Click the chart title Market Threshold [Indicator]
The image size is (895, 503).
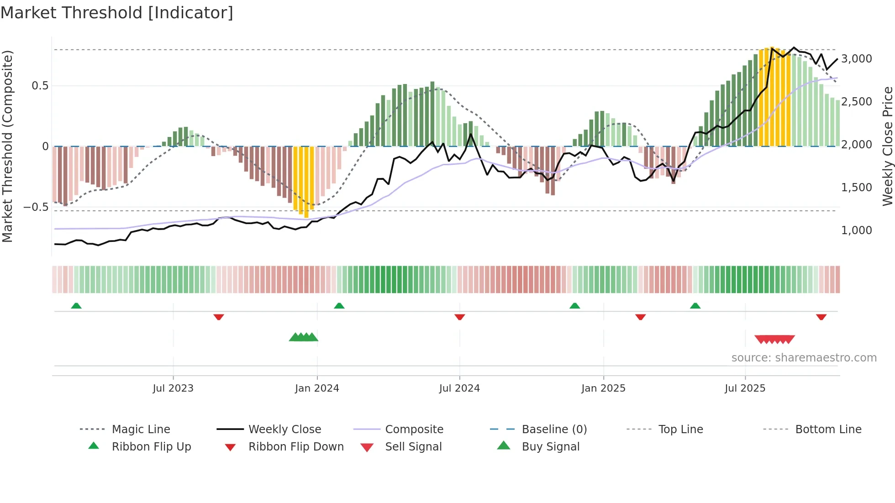[x=117, y=13]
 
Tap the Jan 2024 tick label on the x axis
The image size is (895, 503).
[x=317, y=388]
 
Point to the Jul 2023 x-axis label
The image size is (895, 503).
[x=173, y=388]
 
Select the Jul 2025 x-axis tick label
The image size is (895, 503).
[x=745, y=388]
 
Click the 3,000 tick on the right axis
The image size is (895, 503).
[x=856, y=59]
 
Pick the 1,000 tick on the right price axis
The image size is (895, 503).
[x=856, y=231]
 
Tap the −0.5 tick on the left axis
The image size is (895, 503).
[x=36, y=207]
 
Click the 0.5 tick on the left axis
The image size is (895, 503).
[x=40, y=86]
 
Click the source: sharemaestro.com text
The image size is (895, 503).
[x=804, y=358]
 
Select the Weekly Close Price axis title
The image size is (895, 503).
[x=887, y=146]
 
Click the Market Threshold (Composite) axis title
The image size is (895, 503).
[x=7, y=146]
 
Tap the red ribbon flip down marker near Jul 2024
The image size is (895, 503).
[x=459, y=317]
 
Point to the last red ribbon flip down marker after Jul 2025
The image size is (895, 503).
[x=821, y=317]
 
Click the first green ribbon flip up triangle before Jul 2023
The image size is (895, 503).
[x=76, y=306]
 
